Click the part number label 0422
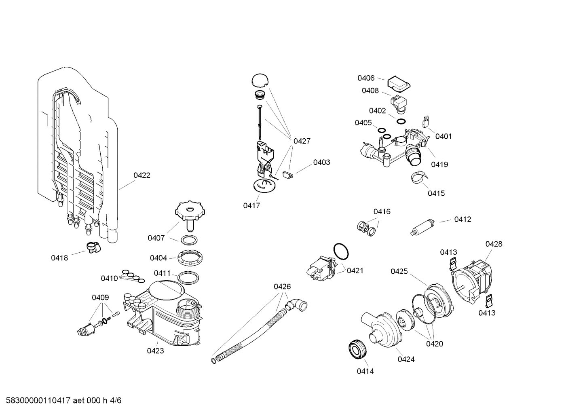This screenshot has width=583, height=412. [x=142, y=175]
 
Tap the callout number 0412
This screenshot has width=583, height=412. [x=463, y=219]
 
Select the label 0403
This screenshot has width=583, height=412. [x=321, y=162]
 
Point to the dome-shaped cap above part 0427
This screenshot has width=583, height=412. [x=260, y=80]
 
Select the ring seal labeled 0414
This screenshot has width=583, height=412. [x=356, y=349]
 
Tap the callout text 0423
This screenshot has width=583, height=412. [x=155, y=351]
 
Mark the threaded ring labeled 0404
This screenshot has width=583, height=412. [x=189, y=257]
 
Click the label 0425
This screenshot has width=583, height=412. [x=399, y=271]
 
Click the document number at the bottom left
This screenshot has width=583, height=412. [x=61, y=401]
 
